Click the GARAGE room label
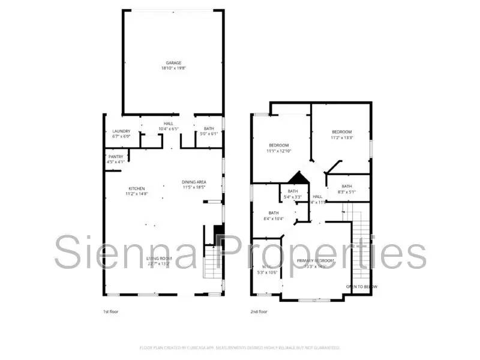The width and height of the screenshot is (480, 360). pyautogui.click(x=173, y=62)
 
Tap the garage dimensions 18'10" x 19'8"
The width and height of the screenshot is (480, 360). pyautogui.click(x=173, y=68)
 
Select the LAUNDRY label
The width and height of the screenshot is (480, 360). pyautogui.click(x=121, y=131)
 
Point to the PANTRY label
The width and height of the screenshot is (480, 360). pyautogui.click(x=116, y=157)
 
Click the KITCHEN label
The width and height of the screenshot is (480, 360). pyautogui.click(x=136, y=188)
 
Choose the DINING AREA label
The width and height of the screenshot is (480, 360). pyautogui.click(x=194, y=182)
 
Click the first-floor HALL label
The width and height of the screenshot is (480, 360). pyautogui.click(x=169, y=124)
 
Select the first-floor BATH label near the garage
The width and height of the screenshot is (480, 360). pyautogui.click(x=208, y=128)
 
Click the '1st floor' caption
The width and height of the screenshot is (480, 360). pyautogui.click(x=110, y=312)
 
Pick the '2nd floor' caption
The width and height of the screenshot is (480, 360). pyautogui.click(x=259, y=312)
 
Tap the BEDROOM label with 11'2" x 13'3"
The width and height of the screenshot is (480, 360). pyautogui.click(x=341, y=131)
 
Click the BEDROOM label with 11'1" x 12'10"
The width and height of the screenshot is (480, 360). pyautogui.click(x=279, y=145)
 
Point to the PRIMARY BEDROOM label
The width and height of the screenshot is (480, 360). pyautogui.click(x=316, y=260)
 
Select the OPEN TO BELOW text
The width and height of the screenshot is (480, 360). pyautogui.click(x=362, y=287)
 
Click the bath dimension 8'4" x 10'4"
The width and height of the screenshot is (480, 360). pyautogui.click(x=274, y=218)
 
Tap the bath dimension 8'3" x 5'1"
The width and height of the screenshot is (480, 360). pyautogui.click(x=347, y=192)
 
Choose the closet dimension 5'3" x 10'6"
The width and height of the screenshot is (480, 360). pyautogui.click(x=267, y=272)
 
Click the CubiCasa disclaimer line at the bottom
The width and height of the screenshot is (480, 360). pyautogui.click(x=240, y=348)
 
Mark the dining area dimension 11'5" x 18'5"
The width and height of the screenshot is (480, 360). pyautogui.click(x=194, y=187)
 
